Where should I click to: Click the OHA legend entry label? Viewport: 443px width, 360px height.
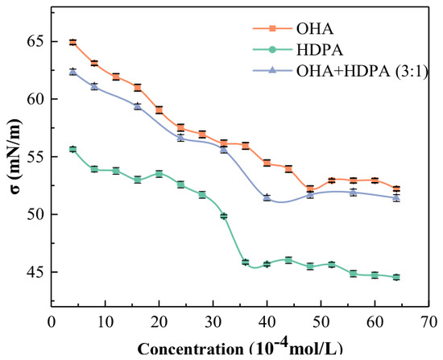point(315,28)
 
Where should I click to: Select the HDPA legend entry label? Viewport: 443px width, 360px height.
point(320,50)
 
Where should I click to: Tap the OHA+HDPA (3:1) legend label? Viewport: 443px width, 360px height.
point(362,71)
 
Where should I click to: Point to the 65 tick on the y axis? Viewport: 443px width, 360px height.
point(37,42)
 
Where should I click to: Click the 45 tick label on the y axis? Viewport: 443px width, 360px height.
point(37,272)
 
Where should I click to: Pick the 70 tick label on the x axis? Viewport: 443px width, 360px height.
point(429,322)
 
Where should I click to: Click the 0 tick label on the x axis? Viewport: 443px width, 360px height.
point(52,322)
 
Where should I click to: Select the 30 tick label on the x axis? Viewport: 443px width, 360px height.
point(213,322)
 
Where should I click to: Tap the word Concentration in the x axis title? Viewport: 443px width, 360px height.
point(190,350)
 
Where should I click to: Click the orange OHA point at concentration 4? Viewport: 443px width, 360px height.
point(72,43)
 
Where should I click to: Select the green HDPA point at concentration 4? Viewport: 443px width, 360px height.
point(72,149)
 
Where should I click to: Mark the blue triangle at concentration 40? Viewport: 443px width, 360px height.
point(267,197)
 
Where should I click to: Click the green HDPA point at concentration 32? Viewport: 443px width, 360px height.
point(224,216)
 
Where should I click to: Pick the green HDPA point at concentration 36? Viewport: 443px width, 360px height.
point(245,262)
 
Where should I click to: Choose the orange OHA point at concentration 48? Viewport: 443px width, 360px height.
point(310,188)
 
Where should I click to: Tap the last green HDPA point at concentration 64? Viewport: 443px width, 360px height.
point(396,277)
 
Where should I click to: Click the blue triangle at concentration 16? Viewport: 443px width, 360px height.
point(138,106)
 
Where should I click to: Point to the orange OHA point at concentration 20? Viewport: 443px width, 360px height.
point(159,110)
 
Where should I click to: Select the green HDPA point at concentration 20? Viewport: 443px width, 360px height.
point(159,174)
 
